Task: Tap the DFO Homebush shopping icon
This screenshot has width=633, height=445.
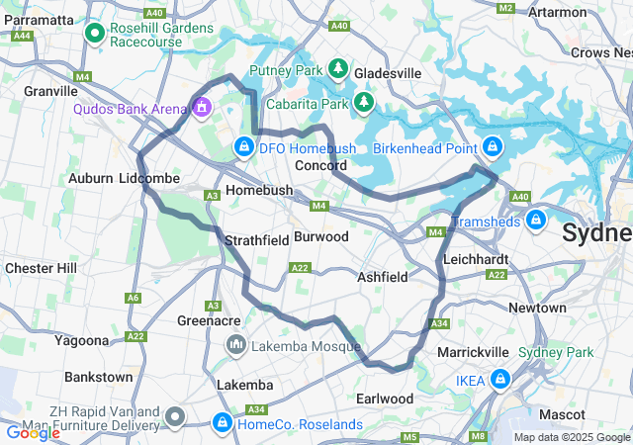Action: point(243,148)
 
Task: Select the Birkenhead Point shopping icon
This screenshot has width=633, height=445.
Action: point(492,148)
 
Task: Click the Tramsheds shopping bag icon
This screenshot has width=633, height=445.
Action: point(535,218)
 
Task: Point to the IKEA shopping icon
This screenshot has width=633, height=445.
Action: point(500,379)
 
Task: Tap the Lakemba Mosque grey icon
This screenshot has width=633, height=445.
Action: point(236,345)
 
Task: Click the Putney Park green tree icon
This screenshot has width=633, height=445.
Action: point(338,69)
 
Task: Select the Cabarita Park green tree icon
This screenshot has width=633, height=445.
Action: point(365,101)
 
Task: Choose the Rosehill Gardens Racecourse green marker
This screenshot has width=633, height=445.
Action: point(96,35)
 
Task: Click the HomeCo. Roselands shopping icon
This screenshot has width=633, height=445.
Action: point(222,424)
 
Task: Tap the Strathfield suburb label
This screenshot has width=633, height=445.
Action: point(256,240)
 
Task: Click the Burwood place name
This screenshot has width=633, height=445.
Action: point(321,237)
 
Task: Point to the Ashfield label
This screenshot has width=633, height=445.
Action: point(383,278)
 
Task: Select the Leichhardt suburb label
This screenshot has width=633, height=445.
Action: point(477,258)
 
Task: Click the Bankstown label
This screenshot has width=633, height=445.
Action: point(99,377)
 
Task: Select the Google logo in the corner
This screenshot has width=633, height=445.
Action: point(33,432)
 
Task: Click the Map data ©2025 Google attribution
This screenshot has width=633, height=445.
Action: point(571,437)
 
